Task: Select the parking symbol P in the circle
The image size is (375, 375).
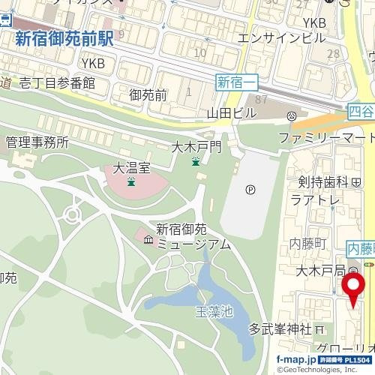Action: point(250,190)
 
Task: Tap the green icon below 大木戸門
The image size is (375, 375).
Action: point(196,162)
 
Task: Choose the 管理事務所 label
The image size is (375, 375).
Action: point(37,142)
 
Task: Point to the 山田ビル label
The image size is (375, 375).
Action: point(232,112)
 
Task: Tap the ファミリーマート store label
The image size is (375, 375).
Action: point(325,139)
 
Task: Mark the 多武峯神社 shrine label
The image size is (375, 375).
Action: point(280,329)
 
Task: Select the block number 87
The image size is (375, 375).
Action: point(262,100)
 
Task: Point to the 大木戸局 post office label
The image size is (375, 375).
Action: point(320,270)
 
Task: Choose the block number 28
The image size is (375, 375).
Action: point(334,54)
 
